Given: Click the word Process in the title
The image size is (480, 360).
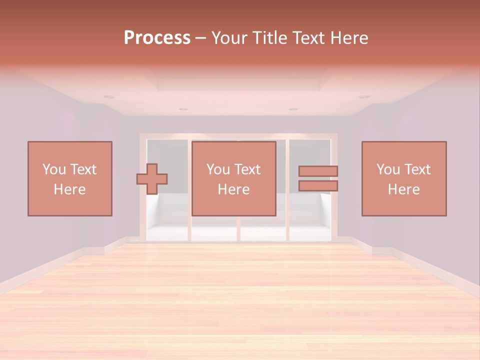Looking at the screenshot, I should tap(157, 38).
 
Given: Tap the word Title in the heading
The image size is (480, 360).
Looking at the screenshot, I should tap(269, 38).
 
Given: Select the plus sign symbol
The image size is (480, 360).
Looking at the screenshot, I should tap(152, 179).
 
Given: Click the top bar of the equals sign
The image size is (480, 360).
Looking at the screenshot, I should tap(318, 171).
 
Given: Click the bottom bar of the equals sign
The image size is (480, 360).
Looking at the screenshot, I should tap(318, 186).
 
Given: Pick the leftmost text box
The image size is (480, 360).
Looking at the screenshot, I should tap(70, 178).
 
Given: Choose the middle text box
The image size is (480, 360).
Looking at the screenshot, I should tap(234, 178).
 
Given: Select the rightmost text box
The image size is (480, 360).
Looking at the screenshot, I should tap(404, 178).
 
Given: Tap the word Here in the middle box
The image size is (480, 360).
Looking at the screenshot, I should tap(234, 189).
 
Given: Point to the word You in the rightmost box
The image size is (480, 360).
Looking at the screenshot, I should tap(388, 169).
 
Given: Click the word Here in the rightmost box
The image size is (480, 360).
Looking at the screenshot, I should tap(404, 189).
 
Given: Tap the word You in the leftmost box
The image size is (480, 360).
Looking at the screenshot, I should tap(54, 169).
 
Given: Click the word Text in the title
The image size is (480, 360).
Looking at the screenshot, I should tap(308, 38).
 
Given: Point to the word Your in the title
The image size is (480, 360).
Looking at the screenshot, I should tap(228, 38).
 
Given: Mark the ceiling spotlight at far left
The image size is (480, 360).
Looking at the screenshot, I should tap(109, 96).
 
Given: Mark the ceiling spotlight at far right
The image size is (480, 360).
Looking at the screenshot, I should tap(364, 96).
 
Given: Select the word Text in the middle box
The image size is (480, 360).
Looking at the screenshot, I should tap(247, 169).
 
